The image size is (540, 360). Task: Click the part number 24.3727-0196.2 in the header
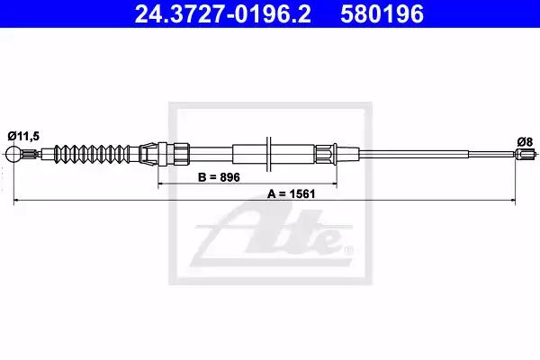(222, 13)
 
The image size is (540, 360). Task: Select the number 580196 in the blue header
(382, 13)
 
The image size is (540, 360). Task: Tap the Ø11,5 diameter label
(23, 136)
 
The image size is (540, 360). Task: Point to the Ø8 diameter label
(525, 141)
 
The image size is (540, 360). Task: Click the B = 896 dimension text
(219, 177)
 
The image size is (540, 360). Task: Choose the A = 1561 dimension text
(292, 194)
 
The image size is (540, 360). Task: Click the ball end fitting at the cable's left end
(13, 154)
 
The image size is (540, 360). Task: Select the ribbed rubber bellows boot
(93, 154)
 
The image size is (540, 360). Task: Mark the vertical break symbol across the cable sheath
(268, 154)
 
